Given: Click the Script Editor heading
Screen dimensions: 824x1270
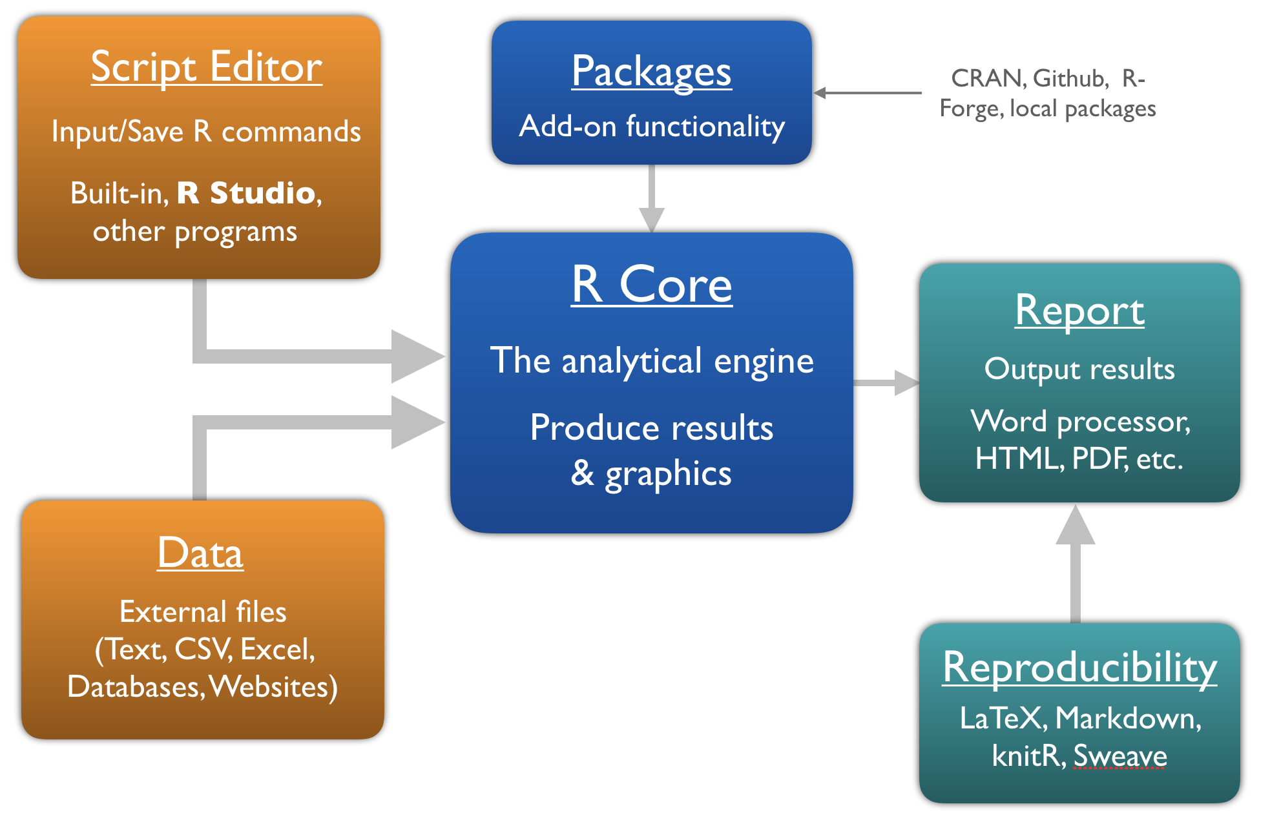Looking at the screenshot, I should click(x=206, y=67).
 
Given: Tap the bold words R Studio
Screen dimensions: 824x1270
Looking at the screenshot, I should click(x=246, y=193).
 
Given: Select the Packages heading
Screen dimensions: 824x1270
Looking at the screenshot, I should click(x=651, y=71).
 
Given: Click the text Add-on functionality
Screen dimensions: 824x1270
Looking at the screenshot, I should click(x=651, y=126).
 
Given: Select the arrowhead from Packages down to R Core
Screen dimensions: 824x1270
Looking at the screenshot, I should click(x=652, y=219).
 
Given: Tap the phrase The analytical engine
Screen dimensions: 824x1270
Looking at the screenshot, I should click(x=651, y=360).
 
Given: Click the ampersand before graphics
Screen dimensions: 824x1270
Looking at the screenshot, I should click(x=582, y=473).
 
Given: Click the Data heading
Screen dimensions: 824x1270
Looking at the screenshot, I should click(x=200, y=553).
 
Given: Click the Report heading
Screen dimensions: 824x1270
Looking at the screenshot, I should click(x=1079, y=311).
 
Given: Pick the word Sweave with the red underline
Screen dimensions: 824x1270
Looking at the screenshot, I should click(x=1119, y=756).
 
